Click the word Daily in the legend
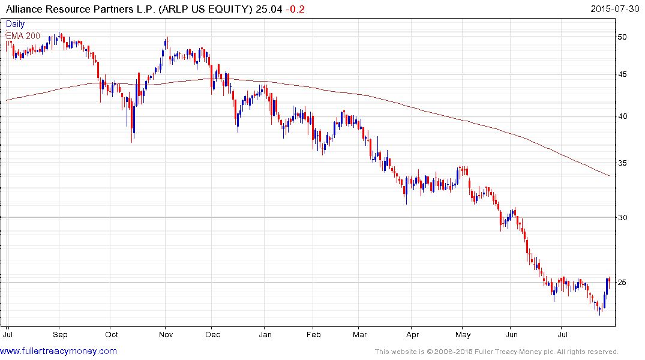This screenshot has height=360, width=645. click(x=16, y=25)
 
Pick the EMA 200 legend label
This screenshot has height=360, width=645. click(x=23, y=36)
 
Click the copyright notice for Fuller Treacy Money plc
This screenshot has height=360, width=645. click(x=496, y=352)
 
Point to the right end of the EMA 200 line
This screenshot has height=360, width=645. click(x=610, y=176)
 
